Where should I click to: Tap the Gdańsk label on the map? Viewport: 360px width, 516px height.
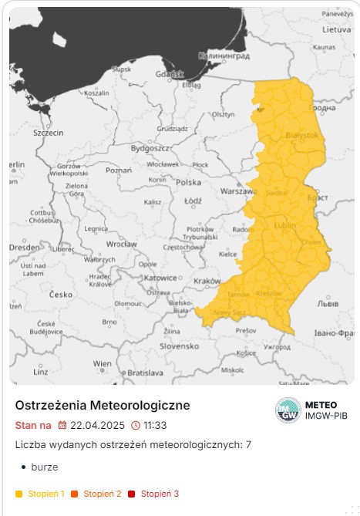pyautogui.click(x=168, y=75)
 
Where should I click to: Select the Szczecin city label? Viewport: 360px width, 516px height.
pyautogui.click(x=48, y=133)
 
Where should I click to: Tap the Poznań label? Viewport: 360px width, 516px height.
pyautogui.click(x=119, y=170)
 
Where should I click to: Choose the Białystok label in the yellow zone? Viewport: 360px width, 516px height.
pyautogui.click(x=301, y=135)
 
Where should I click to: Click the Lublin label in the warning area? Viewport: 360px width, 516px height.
pyautogui.click(x=284, y=225)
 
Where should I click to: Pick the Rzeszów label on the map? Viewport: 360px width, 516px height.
pyautogui.click(x=268, y=294)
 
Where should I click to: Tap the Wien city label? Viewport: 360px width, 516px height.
pyautogui.click(x=102, y=363)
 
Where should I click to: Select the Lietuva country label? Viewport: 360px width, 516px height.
pyautogui.click(x=336, y=30)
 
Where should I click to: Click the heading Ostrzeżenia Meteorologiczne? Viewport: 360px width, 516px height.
pyautogui.click(x=103, y=406)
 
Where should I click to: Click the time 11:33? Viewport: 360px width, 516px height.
pyautogui.click(x=154, y=425)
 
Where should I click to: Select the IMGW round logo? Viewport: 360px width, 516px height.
pyautogui.click(x=288, y=410)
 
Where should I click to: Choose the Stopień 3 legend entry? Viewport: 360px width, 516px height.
pyautogui.click(x=160, y=494)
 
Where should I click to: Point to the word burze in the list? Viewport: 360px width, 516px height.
pyautogui.click(x=45, y=467)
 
